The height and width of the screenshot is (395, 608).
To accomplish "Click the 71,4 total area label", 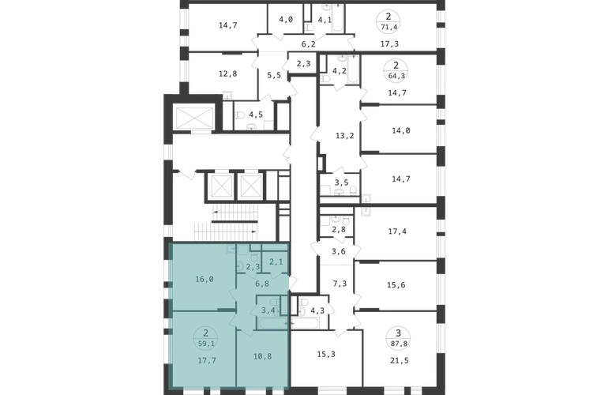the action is [388, 27].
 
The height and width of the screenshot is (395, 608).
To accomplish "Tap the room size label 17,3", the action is [389, 44].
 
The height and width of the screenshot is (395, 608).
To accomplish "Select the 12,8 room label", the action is [227, 73].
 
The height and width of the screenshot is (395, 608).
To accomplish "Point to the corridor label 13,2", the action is [345, 136].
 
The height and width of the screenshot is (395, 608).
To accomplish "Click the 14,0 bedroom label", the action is [401, 131].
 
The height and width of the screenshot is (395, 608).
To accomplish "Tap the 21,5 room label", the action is [399, 360].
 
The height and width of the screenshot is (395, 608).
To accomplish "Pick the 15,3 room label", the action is [326, 354].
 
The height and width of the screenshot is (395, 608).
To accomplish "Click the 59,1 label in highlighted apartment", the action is [206, 344].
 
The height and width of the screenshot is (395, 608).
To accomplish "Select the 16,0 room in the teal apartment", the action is [205, 279].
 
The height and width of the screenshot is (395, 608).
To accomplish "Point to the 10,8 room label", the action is [262, 356].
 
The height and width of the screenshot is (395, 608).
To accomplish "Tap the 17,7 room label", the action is [207, 360].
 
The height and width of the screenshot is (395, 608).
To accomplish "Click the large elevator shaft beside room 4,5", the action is [195, 118].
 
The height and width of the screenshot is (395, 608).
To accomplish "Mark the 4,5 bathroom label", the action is [256, 115].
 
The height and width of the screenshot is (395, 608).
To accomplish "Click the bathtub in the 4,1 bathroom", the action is [338, 18].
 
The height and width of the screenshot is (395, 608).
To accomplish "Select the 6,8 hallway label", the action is [262, 284].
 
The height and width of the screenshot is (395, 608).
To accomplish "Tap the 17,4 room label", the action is [397, 231].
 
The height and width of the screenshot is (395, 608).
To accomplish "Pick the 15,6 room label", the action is [396, 285].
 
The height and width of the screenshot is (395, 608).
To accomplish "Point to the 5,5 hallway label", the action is [274, 75].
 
